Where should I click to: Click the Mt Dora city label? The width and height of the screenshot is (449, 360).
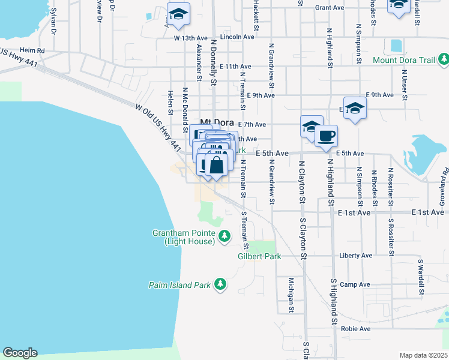215,120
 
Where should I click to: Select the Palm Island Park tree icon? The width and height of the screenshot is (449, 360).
220,284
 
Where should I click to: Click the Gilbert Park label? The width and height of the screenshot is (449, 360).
259,256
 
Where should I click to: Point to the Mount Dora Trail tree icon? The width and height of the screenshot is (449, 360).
444,59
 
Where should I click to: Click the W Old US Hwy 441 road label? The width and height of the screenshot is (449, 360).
158,128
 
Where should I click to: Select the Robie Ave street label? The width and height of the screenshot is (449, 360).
357,329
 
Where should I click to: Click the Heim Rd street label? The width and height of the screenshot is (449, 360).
32,50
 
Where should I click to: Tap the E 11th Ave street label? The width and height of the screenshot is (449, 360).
235,66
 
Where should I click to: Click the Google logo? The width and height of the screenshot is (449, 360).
20,353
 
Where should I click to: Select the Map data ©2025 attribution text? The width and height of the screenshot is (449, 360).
423,355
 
